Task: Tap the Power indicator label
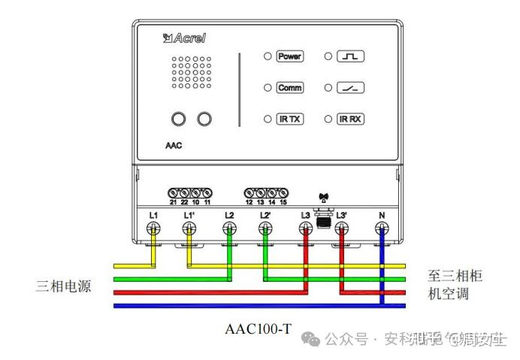(x=289, y=56)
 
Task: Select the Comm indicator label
(x=289, y=88)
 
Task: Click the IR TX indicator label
(x=289, y=119)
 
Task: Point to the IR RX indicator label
(x=350, y=119)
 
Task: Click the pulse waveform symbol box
(x=350, y=56)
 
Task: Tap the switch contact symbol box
(x=350, y=88)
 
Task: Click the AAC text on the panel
(x=173, y=146)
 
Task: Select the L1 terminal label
(x=153, y=216)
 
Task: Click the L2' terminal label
(x=265, y=216)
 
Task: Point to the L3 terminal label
(x=305, y=216)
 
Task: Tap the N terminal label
(x=382, y=216)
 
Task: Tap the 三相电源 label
(x=64, y=286)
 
